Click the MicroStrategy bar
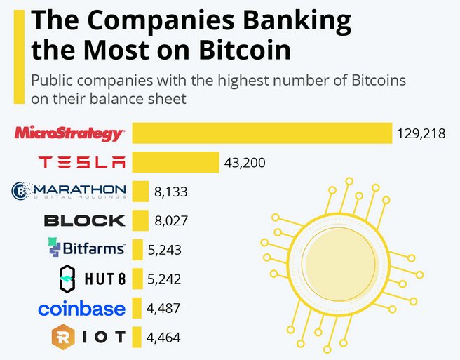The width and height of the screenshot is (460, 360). click(x=262, y=133)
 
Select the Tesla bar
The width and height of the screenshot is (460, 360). click(x=175, y=162)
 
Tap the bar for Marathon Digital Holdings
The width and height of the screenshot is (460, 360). click(x=140, y=191)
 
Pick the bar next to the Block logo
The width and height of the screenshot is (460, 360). click(x=140, y=220)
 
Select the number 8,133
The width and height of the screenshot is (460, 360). click(x=171, y=191)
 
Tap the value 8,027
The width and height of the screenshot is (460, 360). click(x=171, y=220)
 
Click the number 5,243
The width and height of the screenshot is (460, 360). click(x=165, y=249)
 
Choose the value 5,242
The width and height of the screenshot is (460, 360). click(x=165, y=279)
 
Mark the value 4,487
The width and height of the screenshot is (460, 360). click(x=164, y=308)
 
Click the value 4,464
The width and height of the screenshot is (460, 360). click(x=164, y=338)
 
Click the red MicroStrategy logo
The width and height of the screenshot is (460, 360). click(x=69, y=132)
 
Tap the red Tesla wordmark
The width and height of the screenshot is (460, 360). click(x=82, y=162)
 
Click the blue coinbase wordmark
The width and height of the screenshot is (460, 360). click(x=82, y=308)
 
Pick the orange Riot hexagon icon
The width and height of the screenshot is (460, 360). click(x=64, y=338)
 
